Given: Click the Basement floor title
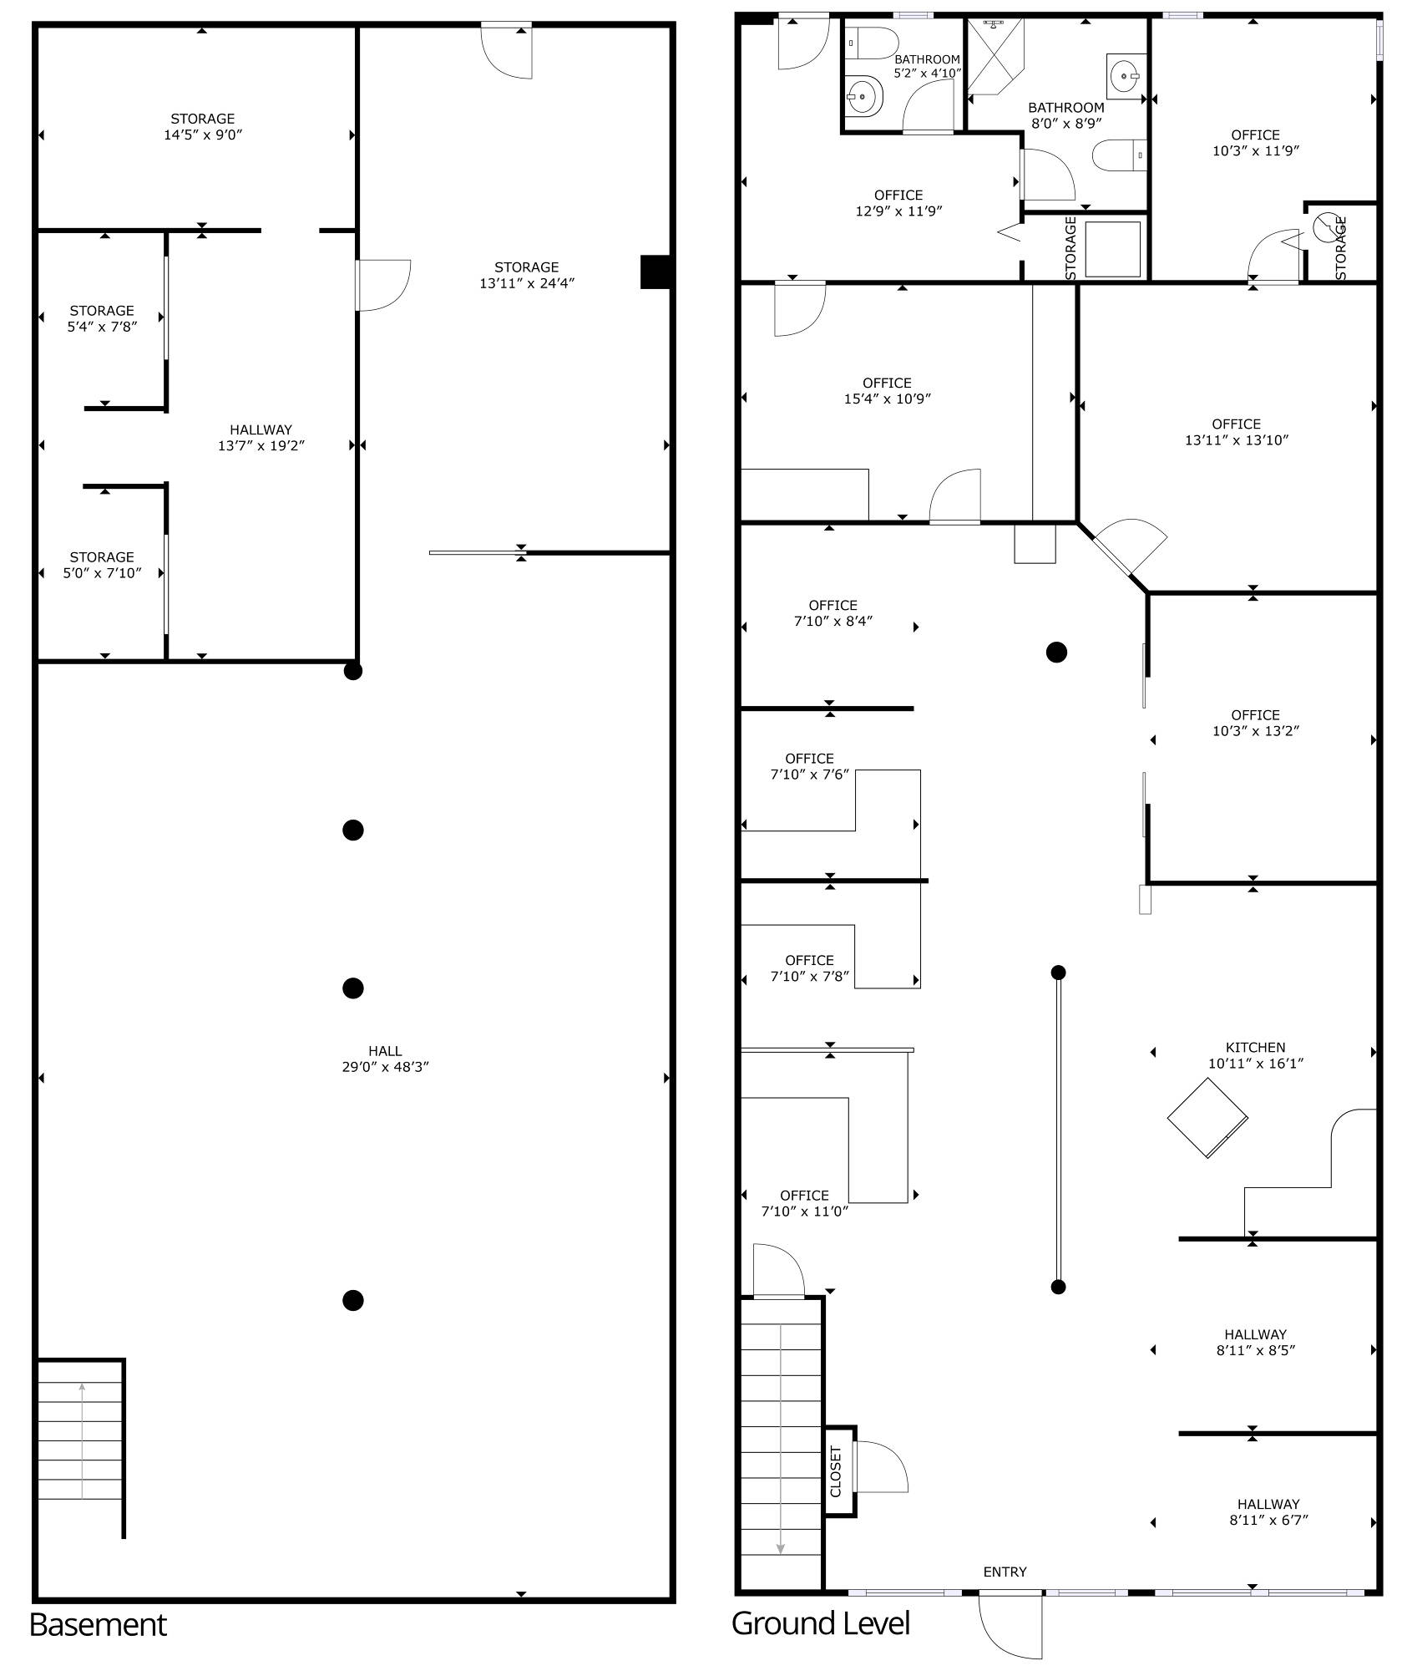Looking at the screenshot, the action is (98, 1625).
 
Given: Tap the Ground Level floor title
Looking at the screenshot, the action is (820, 1623).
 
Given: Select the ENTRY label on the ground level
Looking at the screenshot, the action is (1005, 1572).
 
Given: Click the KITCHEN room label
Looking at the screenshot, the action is (1255, 1047).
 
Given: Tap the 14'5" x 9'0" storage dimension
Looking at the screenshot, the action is (203, 135).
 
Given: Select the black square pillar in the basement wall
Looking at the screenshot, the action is (656, 272).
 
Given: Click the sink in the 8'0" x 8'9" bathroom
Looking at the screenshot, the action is (1126, 76).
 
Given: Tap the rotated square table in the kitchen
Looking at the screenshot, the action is (1207, 1118).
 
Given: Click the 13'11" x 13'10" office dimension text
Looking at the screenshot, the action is (1237, 440).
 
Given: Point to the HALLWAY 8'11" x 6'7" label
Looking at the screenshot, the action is (1268, 1511).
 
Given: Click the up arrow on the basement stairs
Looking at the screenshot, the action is (82, 1441).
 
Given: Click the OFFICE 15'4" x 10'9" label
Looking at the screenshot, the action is (887, 391).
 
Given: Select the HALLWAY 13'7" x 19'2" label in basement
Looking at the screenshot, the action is (261, 438).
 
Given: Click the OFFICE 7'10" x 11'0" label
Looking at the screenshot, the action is (805, 1203).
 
